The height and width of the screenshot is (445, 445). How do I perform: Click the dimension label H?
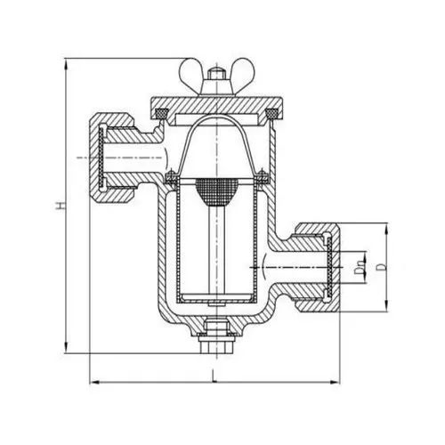pos(61,205)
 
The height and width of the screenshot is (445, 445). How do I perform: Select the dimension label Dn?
pos(360,267)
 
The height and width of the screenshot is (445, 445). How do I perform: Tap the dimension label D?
pos(384,267)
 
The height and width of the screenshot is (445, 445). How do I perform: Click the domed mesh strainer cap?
pos(217,191)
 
